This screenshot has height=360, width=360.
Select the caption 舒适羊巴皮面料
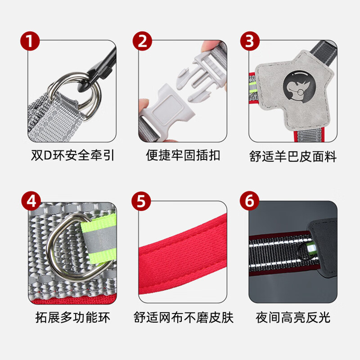[293, 156]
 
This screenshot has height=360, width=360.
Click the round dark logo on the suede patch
[295, 85]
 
